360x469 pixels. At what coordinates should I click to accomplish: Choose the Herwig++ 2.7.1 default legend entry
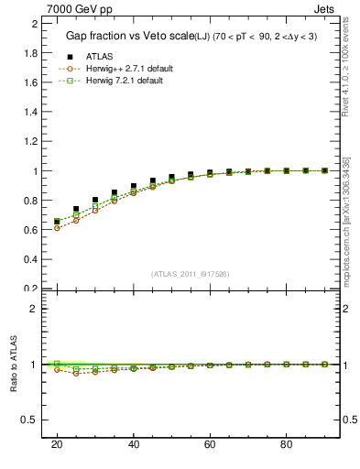tap(127, 69)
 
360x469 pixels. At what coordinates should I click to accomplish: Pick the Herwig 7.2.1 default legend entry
tap(125, 82)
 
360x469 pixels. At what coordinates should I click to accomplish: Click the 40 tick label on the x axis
tap(133, 444)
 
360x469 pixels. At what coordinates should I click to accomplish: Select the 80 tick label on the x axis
tap(286, 444)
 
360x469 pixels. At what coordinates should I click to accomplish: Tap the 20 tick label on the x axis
tap(57, 444)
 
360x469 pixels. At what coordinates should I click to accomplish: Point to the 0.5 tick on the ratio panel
tap(33, 420)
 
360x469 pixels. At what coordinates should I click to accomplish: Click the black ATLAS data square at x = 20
tap(57, 221)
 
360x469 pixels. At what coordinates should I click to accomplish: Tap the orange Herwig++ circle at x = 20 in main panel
tap(57, 228)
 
